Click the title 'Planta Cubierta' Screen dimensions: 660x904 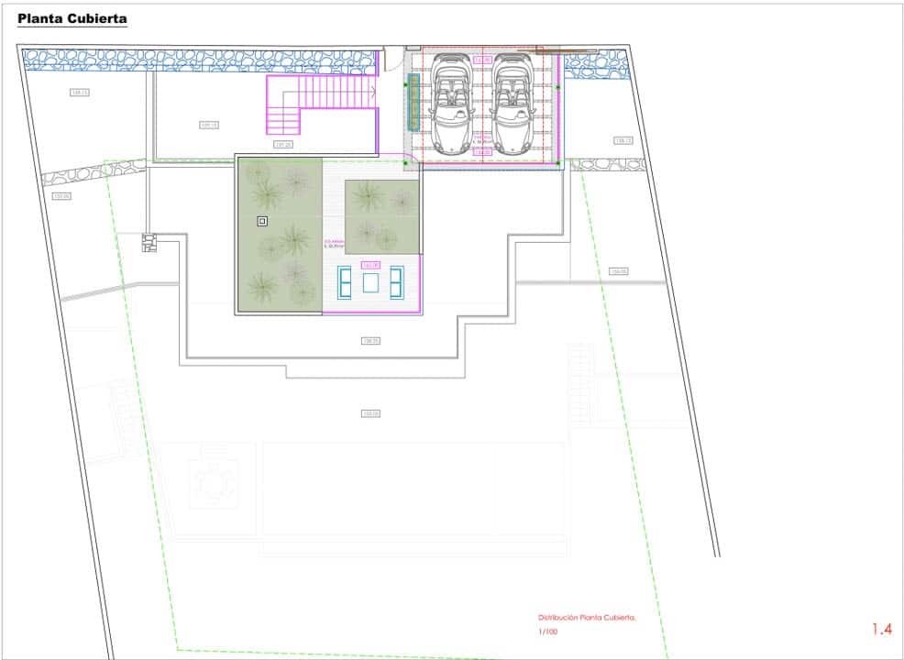pos(72,18)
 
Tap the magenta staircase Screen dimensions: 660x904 pos(321,104)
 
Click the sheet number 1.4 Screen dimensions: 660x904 pos(881,629)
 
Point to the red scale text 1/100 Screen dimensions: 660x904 pos(547,632)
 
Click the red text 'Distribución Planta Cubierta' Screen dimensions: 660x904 pos(586,618)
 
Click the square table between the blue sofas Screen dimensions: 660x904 pos(370,282)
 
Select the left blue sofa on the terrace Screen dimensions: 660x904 pos(346,281)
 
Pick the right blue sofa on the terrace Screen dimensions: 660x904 pos(397,281)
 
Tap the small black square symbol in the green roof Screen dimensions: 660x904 pos(262,221)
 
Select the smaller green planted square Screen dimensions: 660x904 pos(382,216)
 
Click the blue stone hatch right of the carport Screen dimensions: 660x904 pos(596,65)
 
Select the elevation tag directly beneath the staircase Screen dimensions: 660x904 pos(282,144)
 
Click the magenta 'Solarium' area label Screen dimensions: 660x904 pos(333,245)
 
